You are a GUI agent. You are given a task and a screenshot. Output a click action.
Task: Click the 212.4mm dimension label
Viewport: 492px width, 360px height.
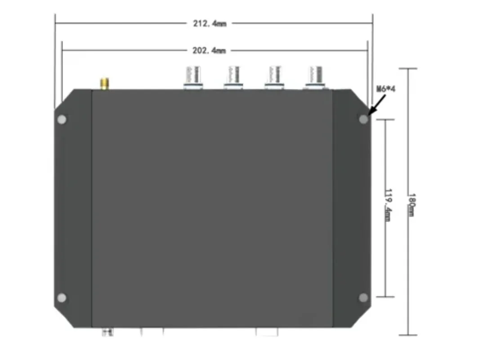[x=210, y=23]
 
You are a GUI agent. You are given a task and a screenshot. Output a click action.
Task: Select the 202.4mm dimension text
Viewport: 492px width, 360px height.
[x=209, y=50]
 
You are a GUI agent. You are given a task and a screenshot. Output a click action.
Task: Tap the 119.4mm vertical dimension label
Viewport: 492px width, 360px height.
[x=388, y=205]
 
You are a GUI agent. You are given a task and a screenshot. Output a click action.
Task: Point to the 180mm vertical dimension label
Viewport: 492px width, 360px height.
[x=411, y=205]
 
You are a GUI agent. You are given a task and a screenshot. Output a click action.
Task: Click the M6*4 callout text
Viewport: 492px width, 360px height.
[x=386, y=89]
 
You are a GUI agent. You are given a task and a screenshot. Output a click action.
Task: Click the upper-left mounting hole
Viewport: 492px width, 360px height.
[x=62, y=120]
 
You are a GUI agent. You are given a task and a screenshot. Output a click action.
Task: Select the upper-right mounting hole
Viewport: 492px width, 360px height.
[x=363, y=119]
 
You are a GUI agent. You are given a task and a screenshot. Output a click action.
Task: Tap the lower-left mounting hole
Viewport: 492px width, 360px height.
[x=62, y=298]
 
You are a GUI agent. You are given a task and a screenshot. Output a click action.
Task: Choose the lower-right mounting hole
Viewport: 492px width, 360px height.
[x=363, y=297]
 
